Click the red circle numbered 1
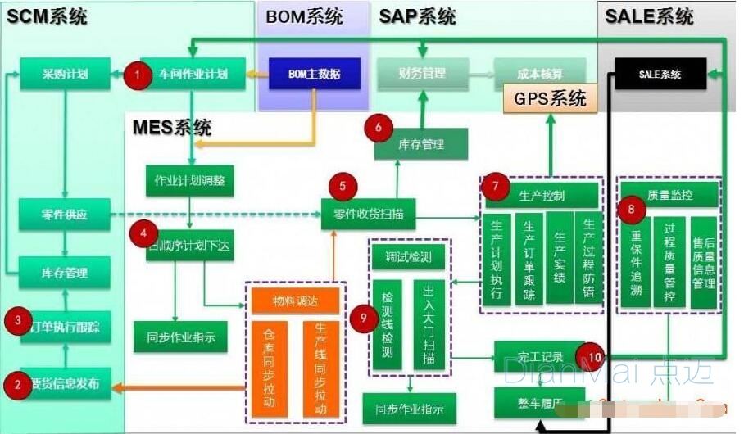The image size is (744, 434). point(138,76)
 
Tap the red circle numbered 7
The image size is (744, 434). point(496,185)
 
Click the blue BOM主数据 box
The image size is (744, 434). point(314,75)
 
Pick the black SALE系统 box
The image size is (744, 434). point(660,75)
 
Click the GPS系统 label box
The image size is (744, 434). point(550,98)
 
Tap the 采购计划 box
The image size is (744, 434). point(65,75)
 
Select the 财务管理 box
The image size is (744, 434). point(423,74)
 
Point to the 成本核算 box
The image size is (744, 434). point(540,74)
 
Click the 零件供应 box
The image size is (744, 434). point(65,215)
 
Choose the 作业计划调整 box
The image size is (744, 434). point(189,180)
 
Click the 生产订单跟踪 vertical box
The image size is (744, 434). point(529,258)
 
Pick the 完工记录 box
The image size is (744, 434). point(540,357)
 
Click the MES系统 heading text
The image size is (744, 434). point(171,127)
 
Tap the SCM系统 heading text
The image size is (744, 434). point(48,16)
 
